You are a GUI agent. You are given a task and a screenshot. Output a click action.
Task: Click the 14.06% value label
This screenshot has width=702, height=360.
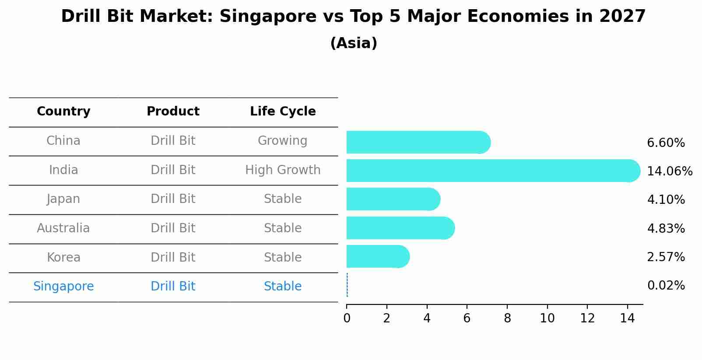coord(669,171)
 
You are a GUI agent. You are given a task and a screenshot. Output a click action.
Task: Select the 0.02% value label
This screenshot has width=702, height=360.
coord(666,286)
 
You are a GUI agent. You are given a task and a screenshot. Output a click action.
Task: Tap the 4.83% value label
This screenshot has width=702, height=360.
coord(666,228)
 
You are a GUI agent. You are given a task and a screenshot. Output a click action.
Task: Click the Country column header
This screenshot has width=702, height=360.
coord(63,112)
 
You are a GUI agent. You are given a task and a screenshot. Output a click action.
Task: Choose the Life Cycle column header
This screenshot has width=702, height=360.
coord(283,112)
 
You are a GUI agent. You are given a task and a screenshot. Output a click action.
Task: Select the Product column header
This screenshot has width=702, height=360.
coord(173,112)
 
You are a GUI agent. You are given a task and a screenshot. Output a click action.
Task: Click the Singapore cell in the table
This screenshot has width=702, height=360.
coord(63,287)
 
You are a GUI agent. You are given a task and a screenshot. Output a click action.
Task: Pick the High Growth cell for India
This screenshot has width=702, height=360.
coord(283,170)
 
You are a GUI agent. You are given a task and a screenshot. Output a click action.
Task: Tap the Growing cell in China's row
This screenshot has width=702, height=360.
coord(282,141)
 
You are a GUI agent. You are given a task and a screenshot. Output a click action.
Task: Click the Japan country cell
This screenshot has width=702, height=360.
coord(63,199)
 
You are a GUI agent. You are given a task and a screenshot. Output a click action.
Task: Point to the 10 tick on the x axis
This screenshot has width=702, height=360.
coord(547,318)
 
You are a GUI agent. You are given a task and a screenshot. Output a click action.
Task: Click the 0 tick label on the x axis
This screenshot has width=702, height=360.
coord(347,318)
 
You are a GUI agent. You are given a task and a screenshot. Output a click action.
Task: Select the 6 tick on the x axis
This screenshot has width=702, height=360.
coord(467,318)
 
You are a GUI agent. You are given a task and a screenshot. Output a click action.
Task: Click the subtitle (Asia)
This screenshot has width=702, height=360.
coord(354,43)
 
